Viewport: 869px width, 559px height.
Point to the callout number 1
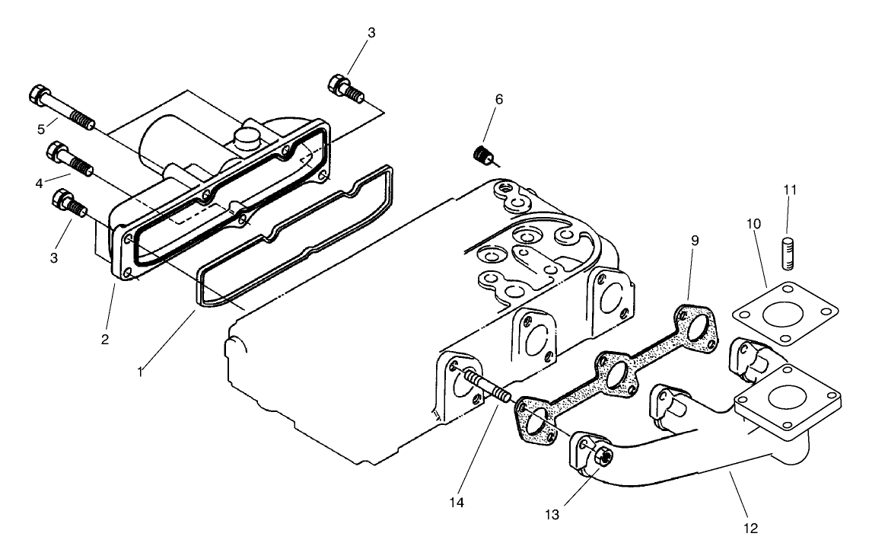coord(140,372)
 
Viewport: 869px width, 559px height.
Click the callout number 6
coord(498,100)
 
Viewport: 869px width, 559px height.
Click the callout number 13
coord(552,514)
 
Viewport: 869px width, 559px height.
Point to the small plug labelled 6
coord(481,156)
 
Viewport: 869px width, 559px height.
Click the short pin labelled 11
coord(788,253)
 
